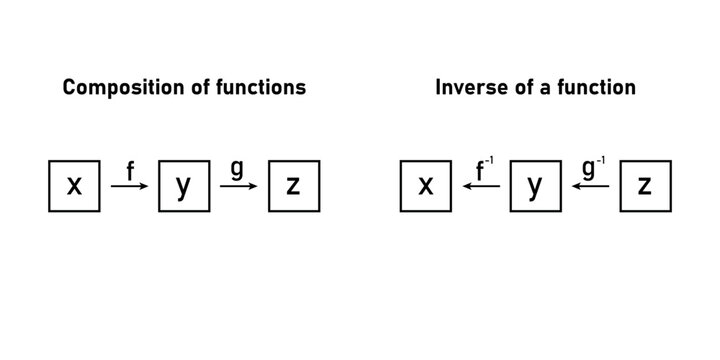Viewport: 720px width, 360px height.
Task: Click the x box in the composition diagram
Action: (x=74, y=186)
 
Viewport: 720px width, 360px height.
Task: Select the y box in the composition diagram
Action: (x=183, y=186)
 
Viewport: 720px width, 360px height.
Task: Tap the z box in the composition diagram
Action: (x=293, y=186)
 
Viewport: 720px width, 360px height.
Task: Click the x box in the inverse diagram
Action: (x=426, y=186)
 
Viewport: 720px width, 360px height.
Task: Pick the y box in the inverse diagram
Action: (x=536, y=186)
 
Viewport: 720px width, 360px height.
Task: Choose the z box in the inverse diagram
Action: (x=645, y=186)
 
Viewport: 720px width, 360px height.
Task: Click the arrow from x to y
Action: (x=129, y=186)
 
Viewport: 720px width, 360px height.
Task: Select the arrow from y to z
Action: (x=238, y=186)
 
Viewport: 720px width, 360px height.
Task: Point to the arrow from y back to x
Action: (x=481, y=186)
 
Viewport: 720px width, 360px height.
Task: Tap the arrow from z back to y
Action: (x=590, y=186)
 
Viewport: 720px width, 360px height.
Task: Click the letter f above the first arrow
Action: (x=129, y=169)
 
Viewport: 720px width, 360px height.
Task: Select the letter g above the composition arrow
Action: (x=236, y=169)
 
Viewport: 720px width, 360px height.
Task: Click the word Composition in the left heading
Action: (x=118, y=88)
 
